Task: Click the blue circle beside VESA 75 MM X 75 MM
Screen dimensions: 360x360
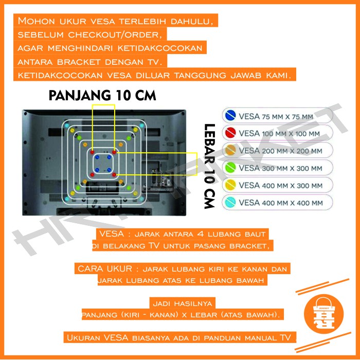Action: point(230,115)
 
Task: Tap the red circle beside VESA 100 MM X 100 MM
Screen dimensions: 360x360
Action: point(230,133)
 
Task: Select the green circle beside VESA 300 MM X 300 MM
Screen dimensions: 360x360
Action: point(230,167)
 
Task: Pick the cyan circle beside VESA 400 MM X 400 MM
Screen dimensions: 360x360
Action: point(230,202)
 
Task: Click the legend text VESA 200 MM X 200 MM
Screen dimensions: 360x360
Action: point(280,151)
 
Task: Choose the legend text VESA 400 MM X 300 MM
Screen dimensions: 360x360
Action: point(281,186)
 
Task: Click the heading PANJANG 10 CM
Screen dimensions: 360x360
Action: point(102,96)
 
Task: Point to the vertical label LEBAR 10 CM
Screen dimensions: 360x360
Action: point(210,166)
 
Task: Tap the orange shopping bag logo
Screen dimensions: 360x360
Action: point(323,314)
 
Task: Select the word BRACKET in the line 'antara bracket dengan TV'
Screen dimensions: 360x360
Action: point(79,62)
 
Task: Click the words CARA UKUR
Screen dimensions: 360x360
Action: point(105,268)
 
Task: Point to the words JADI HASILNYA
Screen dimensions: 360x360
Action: point(183,303)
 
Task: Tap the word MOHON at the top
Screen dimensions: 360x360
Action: point(37,21)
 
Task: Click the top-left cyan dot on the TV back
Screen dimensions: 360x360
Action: point(67,125)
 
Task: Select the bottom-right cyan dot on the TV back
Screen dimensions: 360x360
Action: point(142,199)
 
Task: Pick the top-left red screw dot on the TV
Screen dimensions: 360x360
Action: point(92,152)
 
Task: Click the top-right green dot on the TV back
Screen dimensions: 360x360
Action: point(129,138)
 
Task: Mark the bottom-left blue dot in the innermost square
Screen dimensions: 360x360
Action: point(97,170)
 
